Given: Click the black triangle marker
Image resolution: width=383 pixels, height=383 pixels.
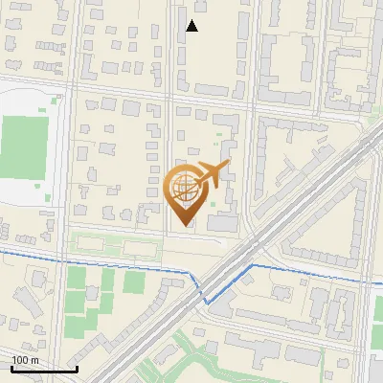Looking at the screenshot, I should (192, 26).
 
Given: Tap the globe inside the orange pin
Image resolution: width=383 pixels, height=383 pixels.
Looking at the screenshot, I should (184, 186).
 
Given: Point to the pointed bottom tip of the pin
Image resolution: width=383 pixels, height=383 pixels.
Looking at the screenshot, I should (185, 226).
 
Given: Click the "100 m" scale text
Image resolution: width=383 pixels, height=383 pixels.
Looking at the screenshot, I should (25, 359).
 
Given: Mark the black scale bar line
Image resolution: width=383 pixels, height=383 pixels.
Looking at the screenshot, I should (44, 369).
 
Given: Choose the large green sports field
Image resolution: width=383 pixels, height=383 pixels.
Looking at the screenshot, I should (22, 140).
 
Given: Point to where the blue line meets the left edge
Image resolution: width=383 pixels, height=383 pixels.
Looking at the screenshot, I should (2, 250).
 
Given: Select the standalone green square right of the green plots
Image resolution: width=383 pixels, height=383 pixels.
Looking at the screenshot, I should (134, 282).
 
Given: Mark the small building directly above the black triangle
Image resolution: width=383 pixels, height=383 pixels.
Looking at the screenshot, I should (198, 9).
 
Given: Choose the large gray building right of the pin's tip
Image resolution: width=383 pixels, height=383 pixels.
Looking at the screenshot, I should (222, 222).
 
